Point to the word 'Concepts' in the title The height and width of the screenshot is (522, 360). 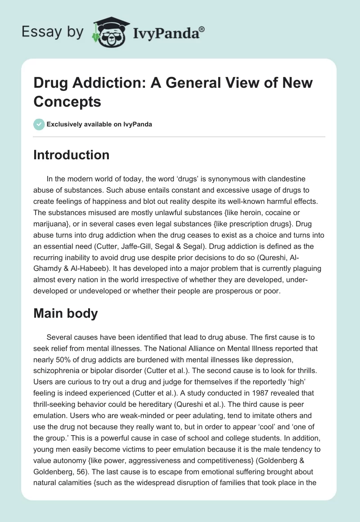click(67, 101)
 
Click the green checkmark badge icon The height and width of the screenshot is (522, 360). click(39, 124)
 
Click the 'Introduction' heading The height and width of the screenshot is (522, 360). click(71, 155)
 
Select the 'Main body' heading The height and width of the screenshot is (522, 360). click(66, 313)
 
